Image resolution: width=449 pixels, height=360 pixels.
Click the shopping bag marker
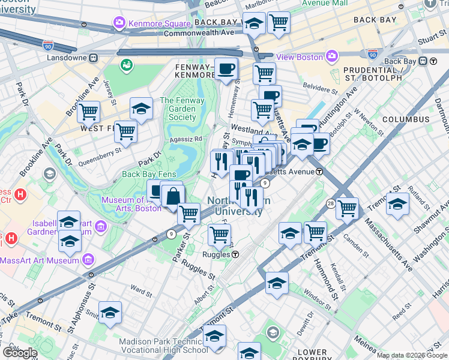[173, 196]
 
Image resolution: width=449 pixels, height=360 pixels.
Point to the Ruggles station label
[213, 254]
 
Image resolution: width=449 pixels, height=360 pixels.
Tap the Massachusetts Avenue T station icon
[320, 172]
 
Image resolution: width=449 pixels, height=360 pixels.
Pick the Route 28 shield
[331, 205]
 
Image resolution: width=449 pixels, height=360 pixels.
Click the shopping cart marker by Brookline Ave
[88, 111]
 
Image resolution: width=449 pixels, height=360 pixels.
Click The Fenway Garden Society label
[178, 109]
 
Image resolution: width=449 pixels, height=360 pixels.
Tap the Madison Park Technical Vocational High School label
[163, 346]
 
